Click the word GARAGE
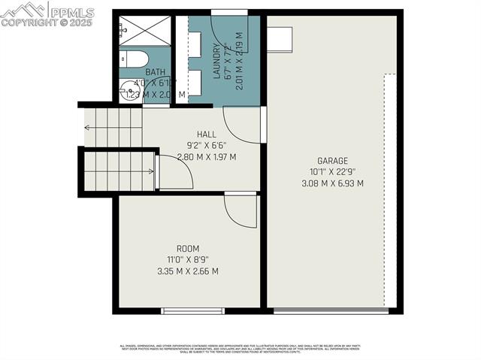(x=331, y=160)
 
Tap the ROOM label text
(x=188, y=248)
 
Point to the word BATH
(x=155, y=73)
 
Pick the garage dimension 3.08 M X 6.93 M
(x=332, y=183)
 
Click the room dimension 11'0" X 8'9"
(x=188, y=260)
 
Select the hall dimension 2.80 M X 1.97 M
(x=207, y=157)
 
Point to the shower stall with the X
(x=144, y=31)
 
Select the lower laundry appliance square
(x=194, y=82)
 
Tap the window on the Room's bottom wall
(x=193, y=310)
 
